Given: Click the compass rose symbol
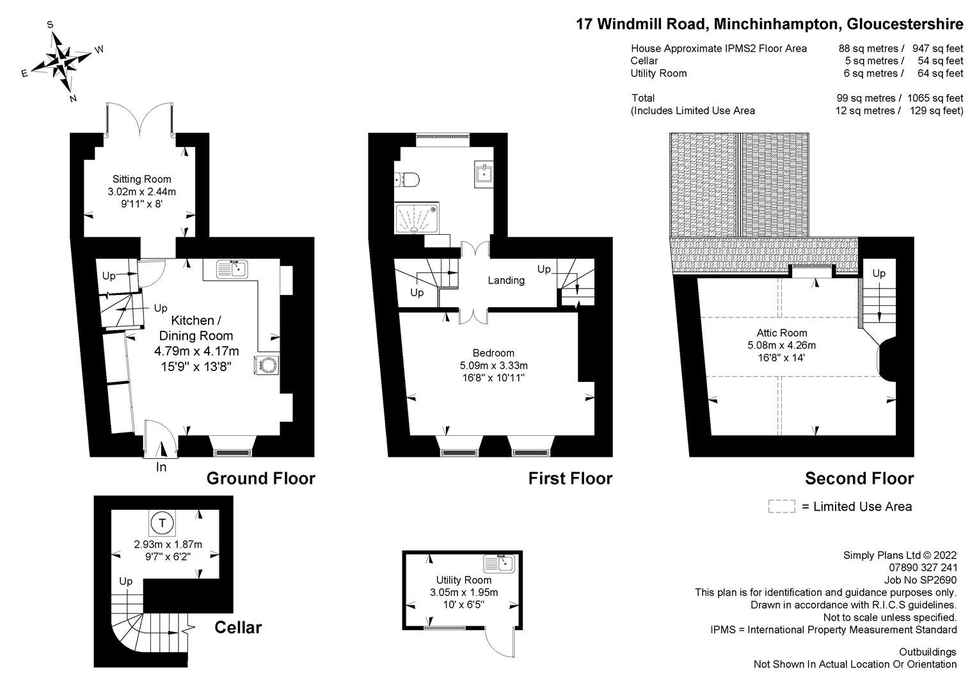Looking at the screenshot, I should [x=62, y=61].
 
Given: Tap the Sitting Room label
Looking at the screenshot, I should [x=141, y=179].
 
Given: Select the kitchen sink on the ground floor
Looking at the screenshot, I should [x=232, y=269].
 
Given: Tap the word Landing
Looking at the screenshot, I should [x=506, y=280].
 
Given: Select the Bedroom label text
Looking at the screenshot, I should [x=493, y=353].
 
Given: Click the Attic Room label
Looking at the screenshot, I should [x=781, y=333].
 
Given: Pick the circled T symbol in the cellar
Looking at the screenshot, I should [x=163, y=523].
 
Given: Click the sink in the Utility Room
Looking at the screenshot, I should [x=499, y=564].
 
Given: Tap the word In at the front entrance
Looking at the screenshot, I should [x=161, y=468].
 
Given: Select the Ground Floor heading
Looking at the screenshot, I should [x=260, y=479].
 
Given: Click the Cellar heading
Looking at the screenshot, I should [x=237, y=627].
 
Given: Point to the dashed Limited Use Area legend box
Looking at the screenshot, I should [x=781, y=507].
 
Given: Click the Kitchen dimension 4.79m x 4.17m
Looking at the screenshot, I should [x=196, y=351].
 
